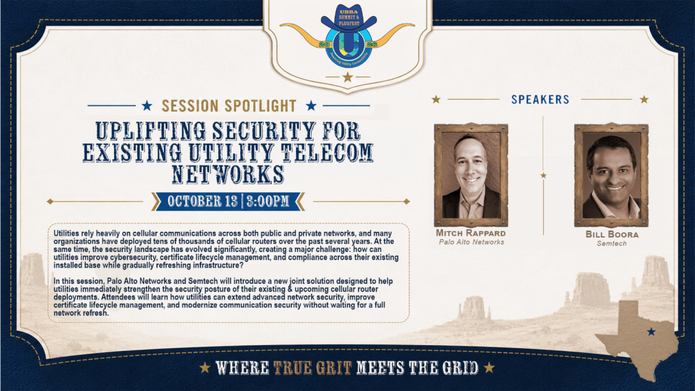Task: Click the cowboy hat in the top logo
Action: pos(349,18)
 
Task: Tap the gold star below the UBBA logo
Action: pos(348,77)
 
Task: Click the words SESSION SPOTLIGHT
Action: pos(229,106)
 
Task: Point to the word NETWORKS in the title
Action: pos(228,174)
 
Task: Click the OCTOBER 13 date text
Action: pos(203,201)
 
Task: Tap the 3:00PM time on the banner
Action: pos(268,201)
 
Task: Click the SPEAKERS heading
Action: pos(540,99)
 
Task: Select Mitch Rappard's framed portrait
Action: pos(471,175)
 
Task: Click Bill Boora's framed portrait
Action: pos(611,175)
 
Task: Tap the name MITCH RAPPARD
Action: pos(471,233)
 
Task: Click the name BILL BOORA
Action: pos(612,234)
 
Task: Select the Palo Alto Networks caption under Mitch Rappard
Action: pos(471,242)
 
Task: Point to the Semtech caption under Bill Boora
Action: pos(612,244)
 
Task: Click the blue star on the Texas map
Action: pos(651,332)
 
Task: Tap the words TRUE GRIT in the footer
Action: pos(312,368)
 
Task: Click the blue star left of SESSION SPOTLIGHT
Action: pos(147,106)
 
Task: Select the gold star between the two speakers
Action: pos(543,176)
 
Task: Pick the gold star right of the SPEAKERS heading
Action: pos(645,100)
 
